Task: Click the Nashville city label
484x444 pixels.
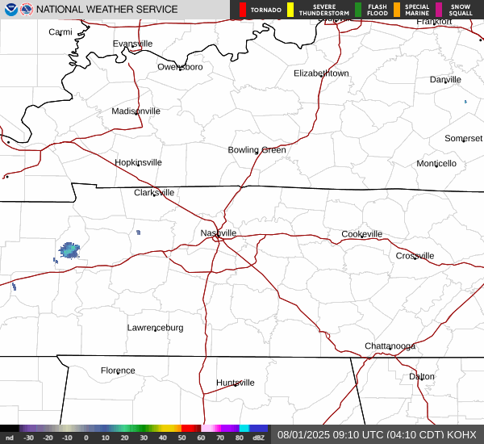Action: [219, 232]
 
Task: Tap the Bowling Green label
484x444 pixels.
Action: [257, 149]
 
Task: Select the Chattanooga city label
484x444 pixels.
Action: [390, 346]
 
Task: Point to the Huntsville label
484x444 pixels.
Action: [235, 382]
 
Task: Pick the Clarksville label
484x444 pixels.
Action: [154, 192]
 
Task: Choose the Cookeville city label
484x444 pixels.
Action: [361, 233]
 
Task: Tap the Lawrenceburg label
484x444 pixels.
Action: [155, 327]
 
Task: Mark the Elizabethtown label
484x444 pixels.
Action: [321, 73]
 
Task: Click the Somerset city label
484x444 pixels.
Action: [463, 138]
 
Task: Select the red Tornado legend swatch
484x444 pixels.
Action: [243, 10]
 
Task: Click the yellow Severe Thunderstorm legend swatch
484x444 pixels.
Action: [290, 10]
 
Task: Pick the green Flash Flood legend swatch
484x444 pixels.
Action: [358, 10]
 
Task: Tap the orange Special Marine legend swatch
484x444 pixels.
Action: [397, 10]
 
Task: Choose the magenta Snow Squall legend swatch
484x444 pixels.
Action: [439, 10]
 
